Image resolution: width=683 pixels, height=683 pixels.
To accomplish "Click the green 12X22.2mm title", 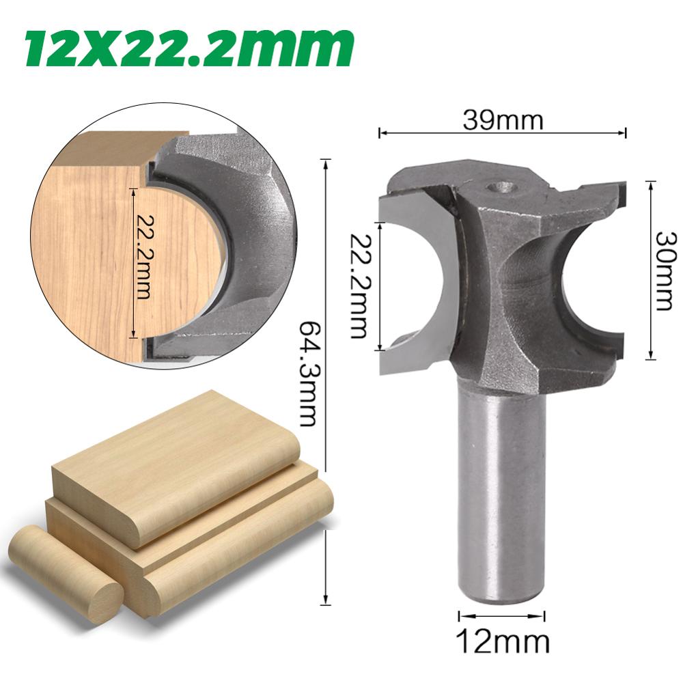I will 189,46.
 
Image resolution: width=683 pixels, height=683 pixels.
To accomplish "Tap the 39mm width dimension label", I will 503,120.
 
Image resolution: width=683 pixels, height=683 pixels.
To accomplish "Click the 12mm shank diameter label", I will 502,641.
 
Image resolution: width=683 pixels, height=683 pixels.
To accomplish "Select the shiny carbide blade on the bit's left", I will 413,280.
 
